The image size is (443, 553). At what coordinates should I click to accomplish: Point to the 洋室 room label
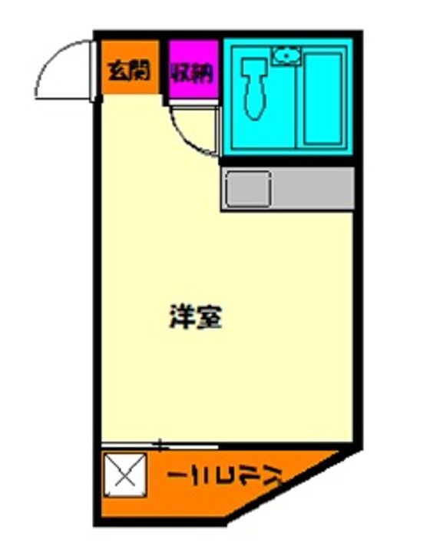coord(196,317)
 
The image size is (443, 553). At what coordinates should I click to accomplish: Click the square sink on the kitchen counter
coord(247,188)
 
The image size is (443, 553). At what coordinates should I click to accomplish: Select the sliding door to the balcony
coord(161,445)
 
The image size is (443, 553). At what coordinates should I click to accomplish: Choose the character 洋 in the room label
coord(182,317)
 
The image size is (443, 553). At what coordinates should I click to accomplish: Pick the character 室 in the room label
coord(210,317)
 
